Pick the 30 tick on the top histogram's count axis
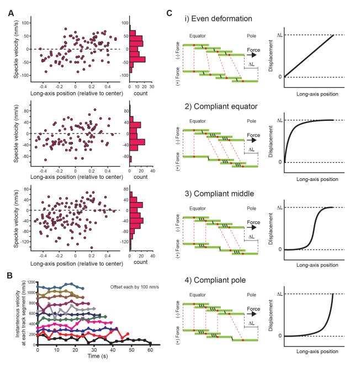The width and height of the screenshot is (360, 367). tap(152, 86)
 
